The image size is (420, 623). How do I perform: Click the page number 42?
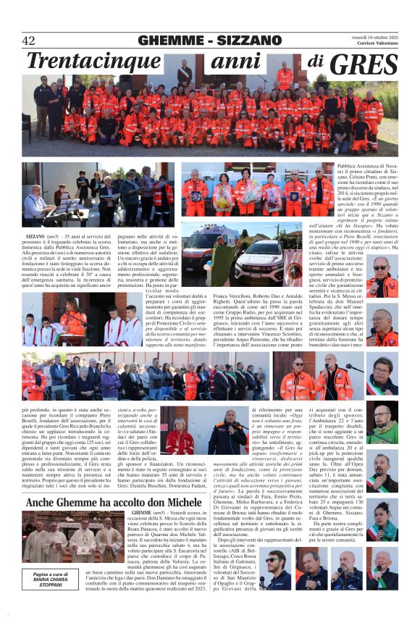tap(28, 41)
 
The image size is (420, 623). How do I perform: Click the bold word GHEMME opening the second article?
tap(146, 513)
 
